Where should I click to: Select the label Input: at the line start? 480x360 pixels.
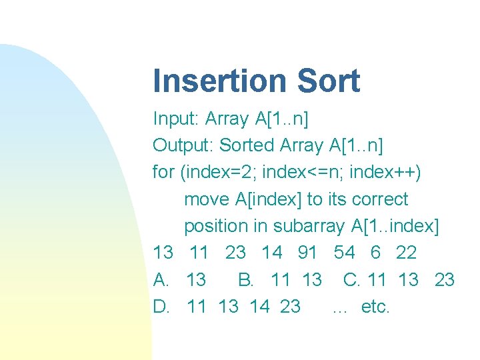[x=176, y=119]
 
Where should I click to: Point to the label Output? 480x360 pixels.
[x=183, y=146]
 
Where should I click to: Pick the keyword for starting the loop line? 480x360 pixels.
[x=163, y=172]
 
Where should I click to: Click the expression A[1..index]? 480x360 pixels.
[x=395, y=226]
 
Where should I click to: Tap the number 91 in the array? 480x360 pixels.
[x=307, y=253]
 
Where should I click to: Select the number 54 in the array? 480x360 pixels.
[x=345, y=253]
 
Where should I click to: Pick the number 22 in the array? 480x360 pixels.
[x=405, y=253]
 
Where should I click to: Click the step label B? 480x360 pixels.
[x=245, y=279]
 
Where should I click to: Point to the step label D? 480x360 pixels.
[x=161, y=307]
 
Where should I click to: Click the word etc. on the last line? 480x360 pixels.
[x=375, y=307]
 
